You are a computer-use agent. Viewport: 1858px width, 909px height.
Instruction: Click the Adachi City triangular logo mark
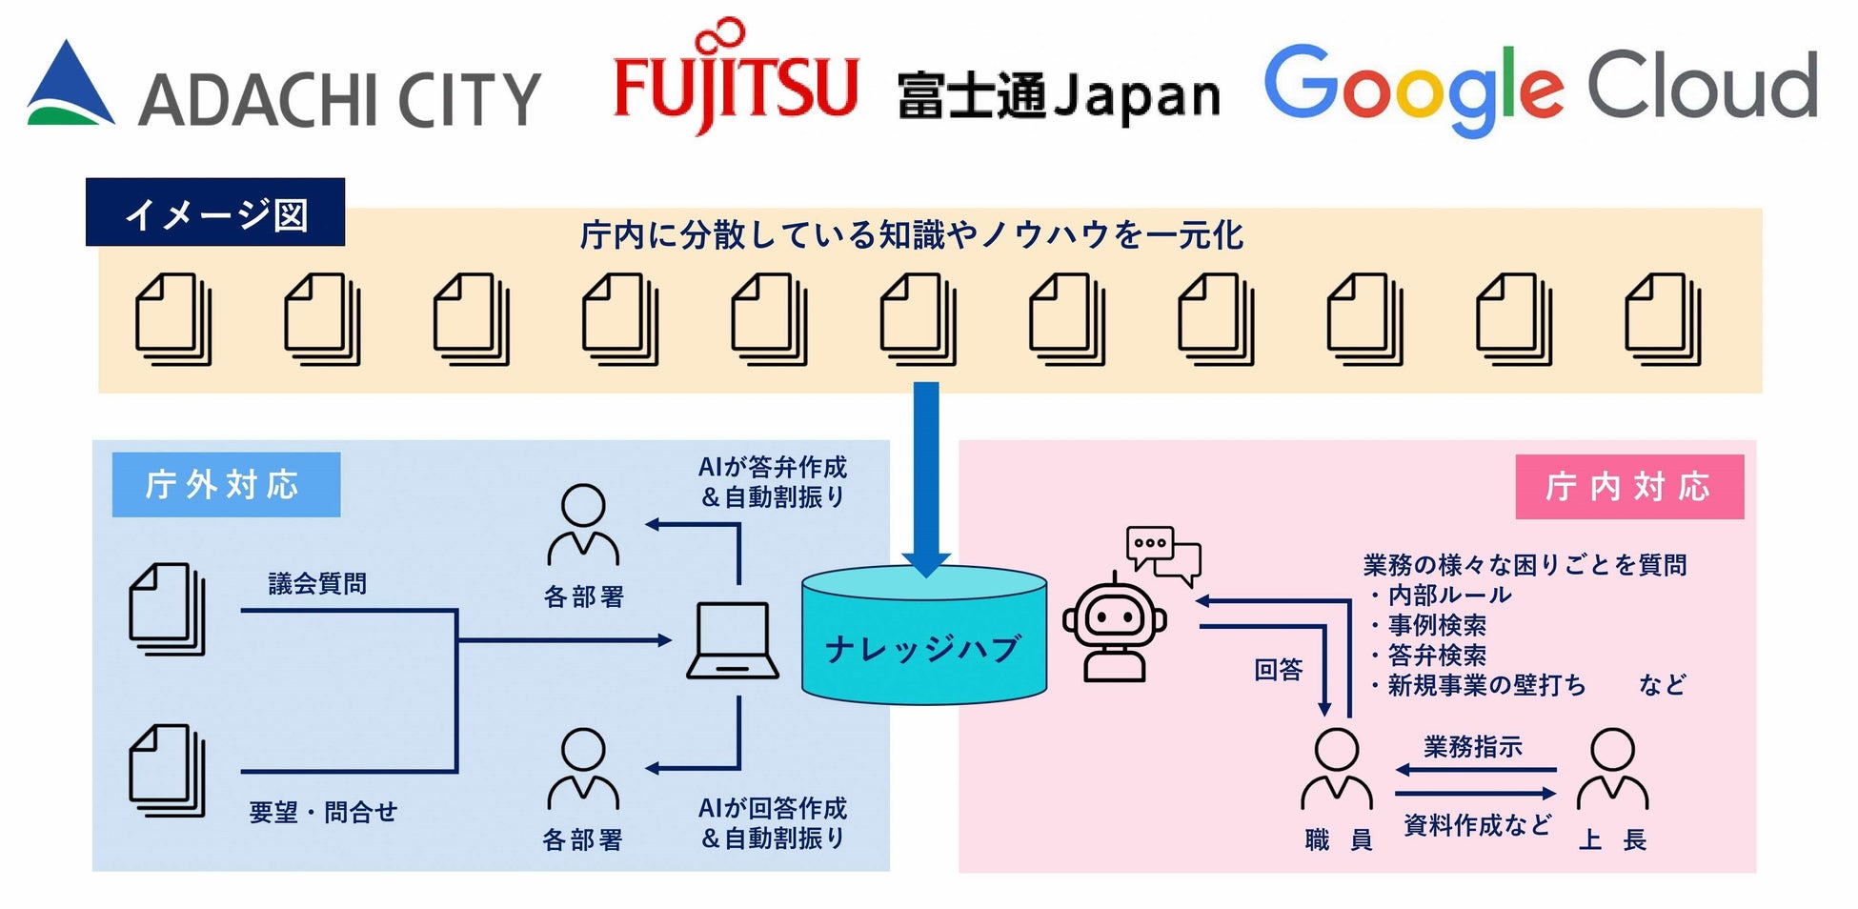point(70,86)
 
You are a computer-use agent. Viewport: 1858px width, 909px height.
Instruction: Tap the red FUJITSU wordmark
point(735,84)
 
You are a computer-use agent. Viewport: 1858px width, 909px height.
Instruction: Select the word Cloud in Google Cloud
point(1702,86)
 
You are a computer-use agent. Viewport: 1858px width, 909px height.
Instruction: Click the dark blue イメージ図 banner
point(215,212)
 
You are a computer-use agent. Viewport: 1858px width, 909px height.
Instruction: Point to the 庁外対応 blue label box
point(226,485)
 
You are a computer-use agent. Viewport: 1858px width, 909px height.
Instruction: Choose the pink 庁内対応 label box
point(1628,487)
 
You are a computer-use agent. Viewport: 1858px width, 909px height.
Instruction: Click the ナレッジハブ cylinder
point(923,636)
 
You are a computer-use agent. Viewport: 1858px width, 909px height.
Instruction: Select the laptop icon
point(732,640)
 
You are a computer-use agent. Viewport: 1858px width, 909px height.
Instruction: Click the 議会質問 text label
point(317,583)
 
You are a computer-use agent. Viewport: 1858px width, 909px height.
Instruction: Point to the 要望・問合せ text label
point(322,812)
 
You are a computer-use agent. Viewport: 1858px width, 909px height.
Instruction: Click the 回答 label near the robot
point(1278,670)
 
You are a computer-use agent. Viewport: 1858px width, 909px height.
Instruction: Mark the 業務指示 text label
point(1472,746)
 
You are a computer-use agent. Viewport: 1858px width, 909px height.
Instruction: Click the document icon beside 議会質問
point(168,609)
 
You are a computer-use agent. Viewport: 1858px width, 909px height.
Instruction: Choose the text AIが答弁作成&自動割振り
point(773,482)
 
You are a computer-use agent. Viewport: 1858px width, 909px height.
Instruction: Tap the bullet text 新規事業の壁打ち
point(1485,685)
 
